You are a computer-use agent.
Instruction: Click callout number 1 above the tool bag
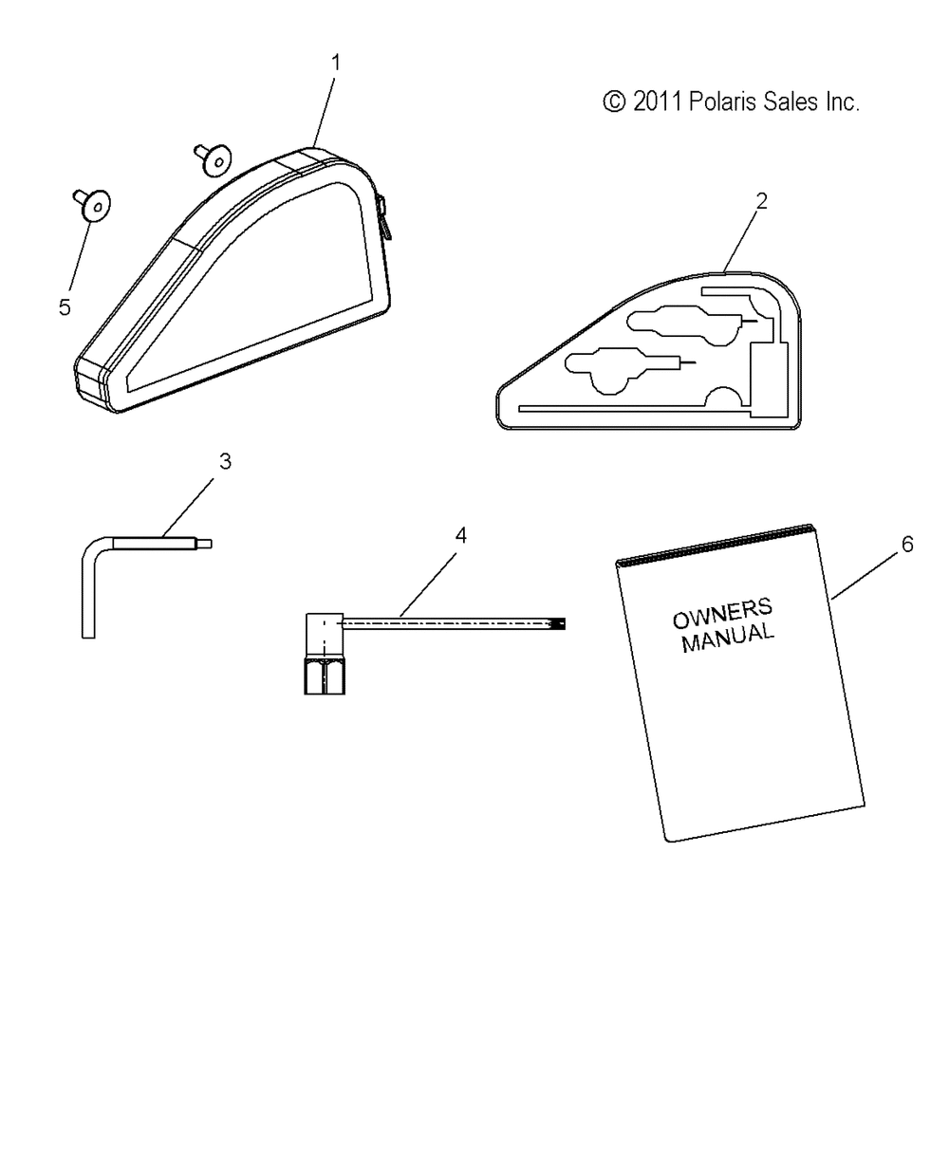pos(336,63)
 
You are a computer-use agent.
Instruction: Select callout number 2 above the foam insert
pos(762,202)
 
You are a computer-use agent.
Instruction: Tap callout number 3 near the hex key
pos(225,462)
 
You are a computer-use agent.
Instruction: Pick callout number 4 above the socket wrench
pos(461,535)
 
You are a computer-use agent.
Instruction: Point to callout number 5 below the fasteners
pos(65,307)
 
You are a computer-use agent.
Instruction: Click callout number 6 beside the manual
pos(907,544)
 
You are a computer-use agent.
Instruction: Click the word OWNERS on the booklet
pos(723,614)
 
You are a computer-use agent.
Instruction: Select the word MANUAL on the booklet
pos(728,639)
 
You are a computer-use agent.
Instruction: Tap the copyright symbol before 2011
pos(614,102)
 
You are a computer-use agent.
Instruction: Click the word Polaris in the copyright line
pos(722,102)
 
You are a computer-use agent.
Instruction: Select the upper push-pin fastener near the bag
pos(213,158)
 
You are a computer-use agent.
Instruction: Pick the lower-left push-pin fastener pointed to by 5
pos(92,205)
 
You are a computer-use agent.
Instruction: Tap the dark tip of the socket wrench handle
pos(559,623)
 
